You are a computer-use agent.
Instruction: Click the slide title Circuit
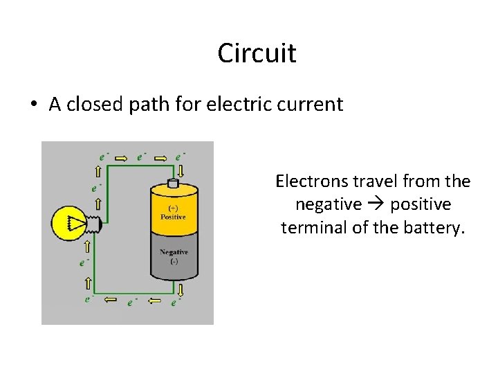(257, 53)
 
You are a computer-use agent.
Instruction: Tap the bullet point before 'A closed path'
(33, 105)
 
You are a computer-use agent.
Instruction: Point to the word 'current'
(315, 105)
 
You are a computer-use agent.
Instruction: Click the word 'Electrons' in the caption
(310, 181)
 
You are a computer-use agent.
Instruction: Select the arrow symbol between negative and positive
(376, 204)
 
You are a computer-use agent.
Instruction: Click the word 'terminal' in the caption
(313, 227)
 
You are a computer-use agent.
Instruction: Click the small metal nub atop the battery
(174, 184)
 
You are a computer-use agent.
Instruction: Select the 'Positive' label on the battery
(173, 217)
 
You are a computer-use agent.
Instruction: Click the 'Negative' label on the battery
(174, 252)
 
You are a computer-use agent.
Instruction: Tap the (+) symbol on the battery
(173, 208)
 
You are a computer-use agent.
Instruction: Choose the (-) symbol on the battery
(174, 261)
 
